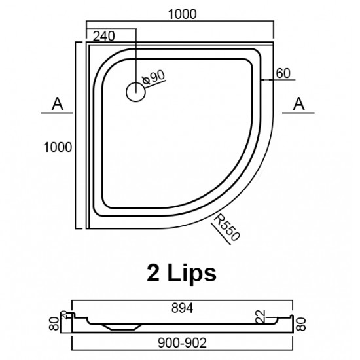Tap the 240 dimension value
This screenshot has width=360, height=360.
(x=107, y=36)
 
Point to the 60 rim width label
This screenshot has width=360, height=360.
(x=283, y=73)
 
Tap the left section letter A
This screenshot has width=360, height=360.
(x=58, y=103)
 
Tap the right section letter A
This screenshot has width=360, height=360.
(x=298, y=103)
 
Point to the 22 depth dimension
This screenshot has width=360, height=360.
(x=260, y=316)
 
